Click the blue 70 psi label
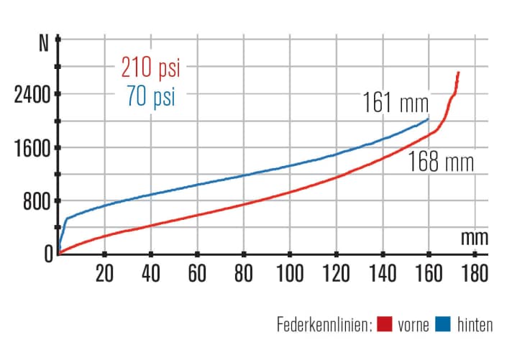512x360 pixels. click(149, 96)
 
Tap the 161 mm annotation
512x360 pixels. click(395, 102)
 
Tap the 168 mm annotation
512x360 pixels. click(442, 162)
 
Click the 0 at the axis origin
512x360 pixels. click(48, 253)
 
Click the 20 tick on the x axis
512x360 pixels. click(104, 274)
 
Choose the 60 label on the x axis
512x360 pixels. click(197, 274)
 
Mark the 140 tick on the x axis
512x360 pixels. click(382, 274)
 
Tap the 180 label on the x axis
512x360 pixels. click(474, 274)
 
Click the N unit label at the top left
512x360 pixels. click(45, 42)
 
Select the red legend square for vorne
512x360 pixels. click(383, 326)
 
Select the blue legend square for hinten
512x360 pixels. click(442, 326)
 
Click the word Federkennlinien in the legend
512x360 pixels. click(323, 326)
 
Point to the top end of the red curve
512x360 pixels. click(458, 73)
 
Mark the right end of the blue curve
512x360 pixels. click(429, 119)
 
